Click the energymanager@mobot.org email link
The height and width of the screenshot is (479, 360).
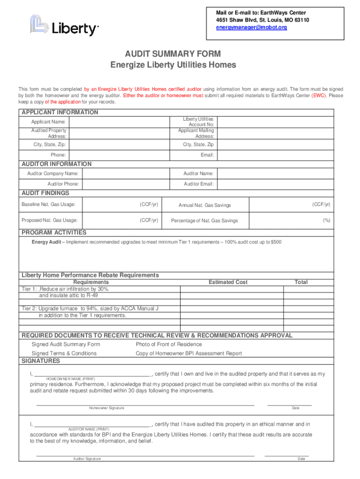coord(251,28)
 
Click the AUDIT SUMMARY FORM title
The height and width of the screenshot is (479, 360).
coord(173,54)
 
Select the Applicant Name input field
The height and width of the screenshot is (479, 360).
coord(119,122)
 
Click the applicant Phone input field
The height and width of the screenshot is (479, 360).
coord(119,155)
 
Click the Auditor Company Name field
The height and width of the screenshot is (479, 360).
coord(119,174)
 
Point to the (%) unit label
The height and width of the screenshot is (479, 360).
coord(326,220)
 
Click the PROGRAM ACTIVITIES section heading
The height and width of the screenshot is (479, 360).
coord(54,232)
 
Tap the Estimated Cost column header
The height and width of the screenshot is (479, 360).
coord(228,282)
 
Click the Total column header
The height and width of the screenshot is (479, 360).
coord(301,282)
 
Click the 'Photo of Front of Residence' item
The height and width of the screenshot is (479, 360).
coord(169,345)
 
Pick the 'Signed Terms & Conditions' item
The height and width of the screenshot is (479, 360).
coord(64,353)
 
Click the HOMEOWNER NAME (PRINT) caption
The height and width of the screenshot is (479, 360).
coord(71,378)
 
